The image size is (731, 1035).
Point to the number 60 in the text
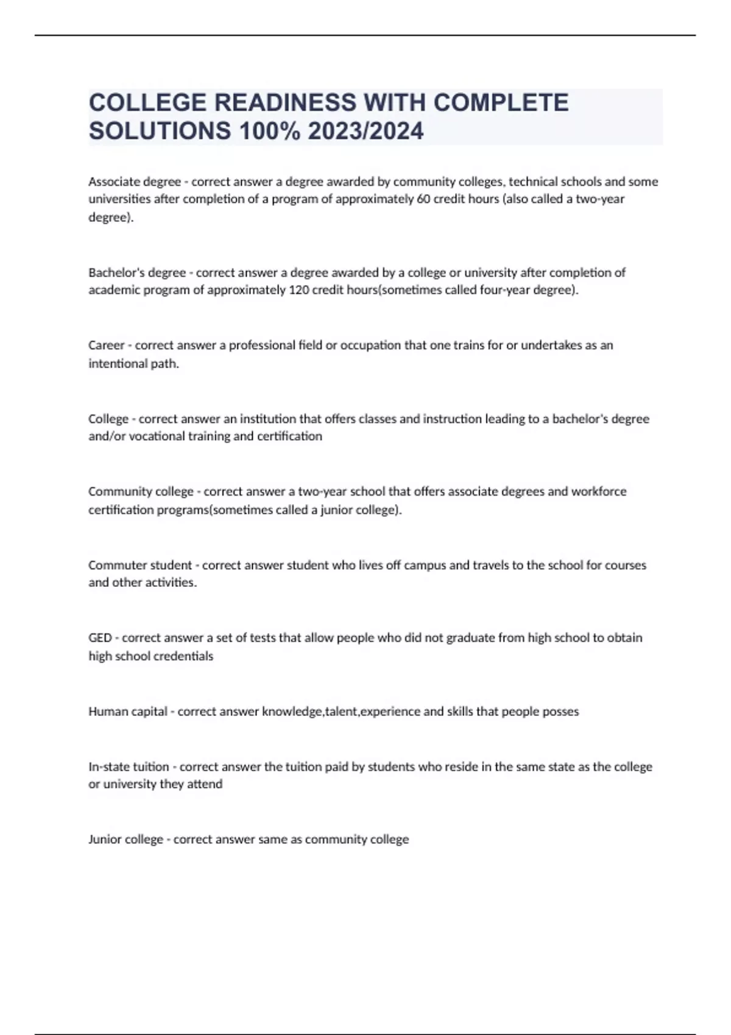pyautogui.click(x=423, y=199)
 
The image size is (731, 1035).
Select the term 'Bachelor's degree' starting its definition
pyautogui.click(x=137, y=272)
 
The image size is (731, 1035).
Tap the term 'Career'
pyautogui.click(x=107, y=345)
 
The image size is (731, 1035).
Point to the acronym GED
pyautogui.click(x=100, y=637)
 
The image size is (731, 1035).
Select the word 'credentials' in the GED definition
pyautogui.click(x=183, y=656)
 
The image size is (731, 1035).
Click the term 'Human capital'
pyautogui.click(x=128, y=711)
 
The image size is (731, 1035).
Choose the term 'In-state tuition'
pyautogui.click(x=129, y=767)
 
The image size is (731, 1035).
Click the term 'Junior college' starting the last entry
pyautogui.click(x=125, y=840)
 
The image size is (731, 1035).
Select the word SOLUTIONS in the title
pyautogui.click(x=160, y=131)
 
